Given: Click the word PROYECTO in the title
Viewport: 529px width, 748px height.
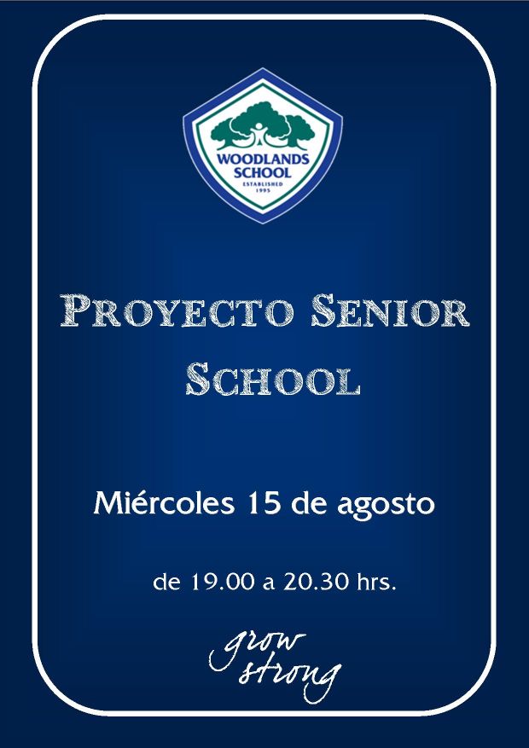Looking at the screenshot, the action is tap(177, 310).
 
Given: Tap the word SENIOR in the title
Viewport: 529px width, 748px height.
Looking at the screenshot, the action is tap(390, 310).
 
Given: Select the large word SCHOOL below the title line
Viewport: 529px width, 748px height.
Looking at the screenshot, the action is tap(272, 379).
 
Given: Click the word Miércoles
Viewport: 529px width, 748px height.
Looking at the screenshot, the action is tap(164, 504).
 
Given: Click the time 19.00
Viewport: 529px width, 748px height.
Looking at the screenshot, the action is tap(223, 583).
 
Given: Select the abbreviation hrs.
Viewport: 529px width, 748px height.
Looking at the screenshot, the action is tap(377, 583).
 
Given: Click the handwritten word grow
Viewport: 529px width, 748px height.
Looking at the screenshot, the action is tap(257, 650).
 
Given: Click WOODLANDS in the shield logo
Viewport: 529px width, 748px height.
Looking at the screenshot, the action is tap(263, 159).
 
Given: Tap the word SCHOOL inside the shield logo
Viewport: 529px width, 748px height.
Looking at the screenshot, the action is tap(262, 171).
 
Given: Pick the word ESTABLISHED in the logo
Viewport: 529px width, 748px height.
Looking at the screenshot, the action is tap(263, 183).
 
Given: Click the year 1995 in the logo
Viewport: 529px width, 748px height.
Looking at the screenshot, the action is tap(263, 190).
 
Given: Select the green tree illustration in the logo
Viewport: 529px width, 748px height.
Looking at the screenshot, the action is tap(263, 126).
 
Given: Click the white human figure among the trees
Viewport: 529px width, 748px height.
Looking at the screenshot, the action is tap(259, 134).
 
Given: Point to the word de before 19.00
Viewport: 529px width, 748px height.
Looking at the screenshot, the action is tap(167, 583).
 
